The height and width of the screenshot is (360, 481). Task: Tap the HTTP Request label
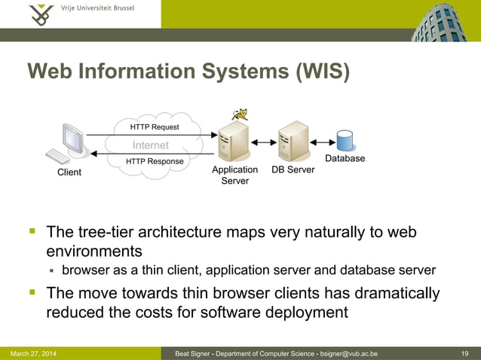(x=155, y=127)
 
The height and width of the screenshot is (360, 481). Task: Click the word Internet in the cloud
(x=151, y=145)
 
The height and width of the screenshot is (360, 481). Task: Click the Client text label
(x=69, y=172)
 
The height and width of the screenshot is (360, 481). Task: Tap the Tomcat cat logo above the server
(x=240, y=114)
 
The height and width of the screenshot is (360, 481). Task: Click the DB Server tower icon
(x=293, y=142)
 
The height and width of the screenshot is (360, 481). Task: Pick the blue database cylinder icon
(x=345, y=141)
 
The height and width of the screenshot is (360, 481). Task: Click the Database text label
(x=345, y=158)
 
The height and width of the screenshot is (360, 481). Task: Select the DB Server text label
(x=293, y=169)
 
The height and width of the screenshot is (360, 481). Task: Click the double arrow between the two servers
(x=264, y=142)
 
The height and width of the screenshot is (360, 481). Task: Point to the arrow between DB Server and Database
(x=320, y=142)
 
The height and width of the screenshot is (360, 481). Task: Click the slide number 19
(x=465, y=353)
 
